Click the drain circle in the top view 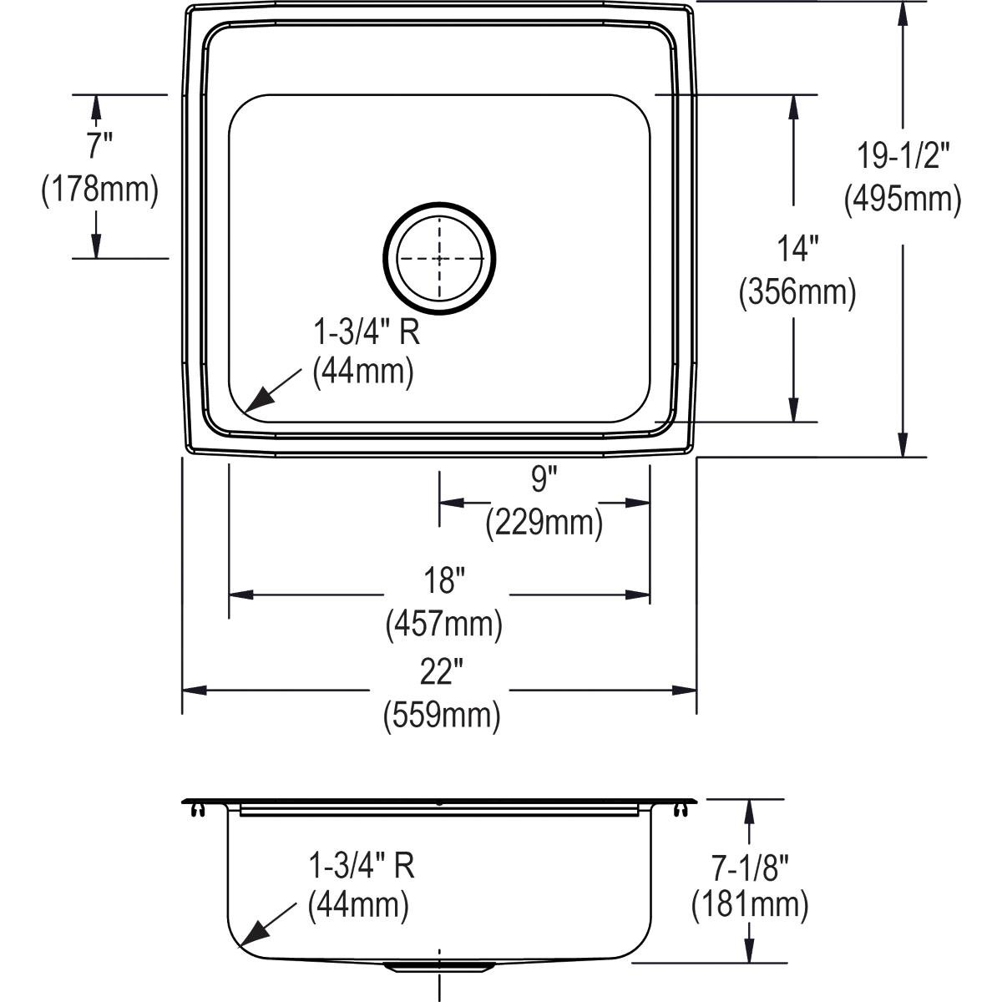(x=439, y=203)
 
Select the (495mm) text (x=902, y=200)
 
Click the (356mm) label (x=797, y=293)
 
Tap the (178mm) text (x=99, y=190)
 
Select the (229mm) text (x=544, y=524)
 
